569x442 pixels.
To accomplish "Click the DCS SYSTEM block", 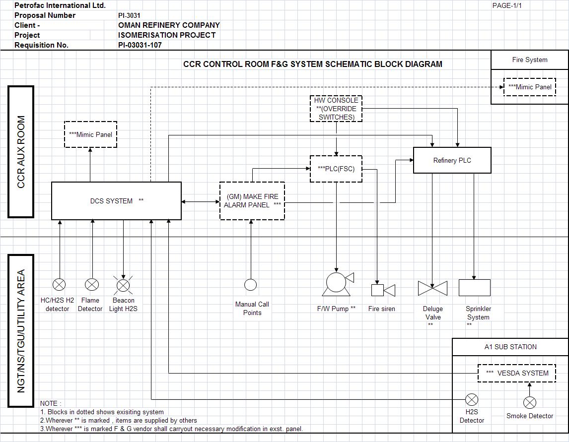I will click(x=116, y=201).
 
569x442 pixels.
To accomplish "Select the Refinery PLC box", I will click(x=452, y=160).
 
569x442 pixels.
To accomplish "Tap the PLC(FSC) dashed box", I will click(x=336, y=169).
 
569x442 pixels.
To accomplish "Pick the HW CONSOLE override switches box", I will click(x=336, y=109).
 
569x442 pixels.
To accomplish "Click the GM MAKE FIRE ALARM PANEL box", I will click(x=252, y=201).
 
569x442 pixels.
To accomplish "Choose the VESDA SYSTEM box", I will click(x=516, y=373).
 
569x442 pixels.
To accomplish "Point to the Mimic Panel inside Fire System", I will click(x=529, y=87).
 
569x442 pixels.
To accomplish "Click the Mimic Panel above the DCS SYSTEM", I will click(x=90, y=134).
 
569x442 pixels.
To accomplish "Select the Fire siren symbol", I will click(x=383, y=290).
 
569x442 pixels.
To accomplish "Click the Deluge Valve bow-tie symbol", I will click(x=432, y=288).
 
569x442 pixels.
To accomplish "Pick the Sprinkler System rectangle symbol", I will click(x=474, y=288).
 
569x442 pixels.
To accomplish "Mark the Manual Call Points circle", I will click(x=251, y=285).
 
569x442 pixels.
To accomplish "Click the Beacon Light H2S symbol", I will click(x=123, y=285).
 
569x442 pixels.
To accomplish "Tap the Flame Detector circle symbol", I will click(x=92, y=284).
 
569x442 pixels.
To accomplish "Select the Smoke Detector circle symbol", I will click(x=530, y=402).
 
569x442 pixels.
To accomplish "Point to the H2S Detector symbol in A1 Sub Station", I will click(x=471, y=399).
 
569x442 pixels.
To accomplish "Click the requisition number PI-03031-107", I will click(x=140, y=45).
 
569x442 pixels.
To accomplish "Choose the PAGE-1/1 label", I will click(x=507, y=5).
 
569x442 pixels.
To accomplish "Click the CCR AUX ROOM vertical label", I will click(x=21, y=152).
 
